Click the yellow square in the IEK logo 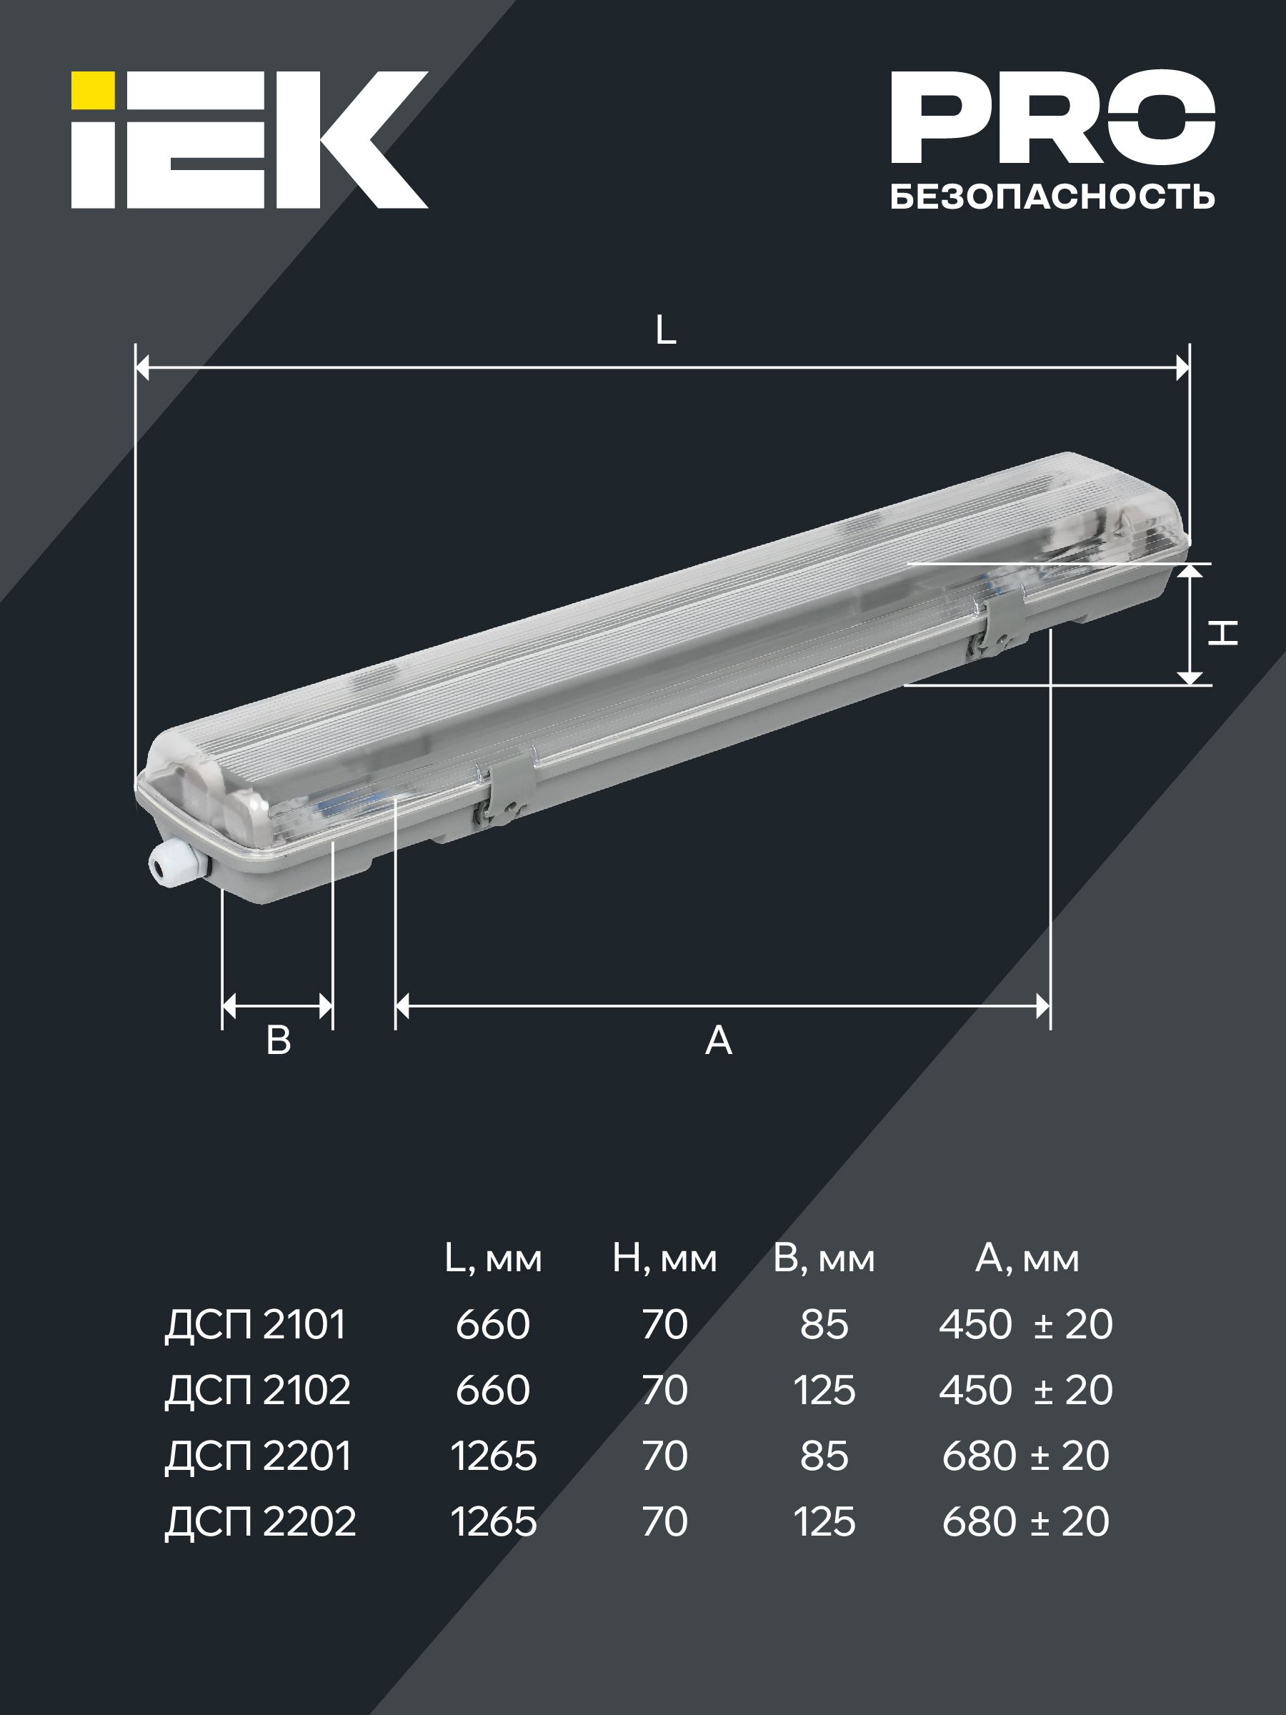93,91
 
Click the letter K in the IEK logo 372,139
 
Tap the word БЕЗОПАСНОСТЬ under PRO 1052,197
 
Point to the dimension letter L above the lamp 665,331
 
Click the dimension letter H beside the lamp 1223,632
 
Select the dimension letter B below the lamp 279,1040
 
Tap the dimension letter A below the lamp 719,1040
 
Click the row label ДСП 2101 255,1325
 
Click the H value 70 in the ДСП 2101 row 664,1325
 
